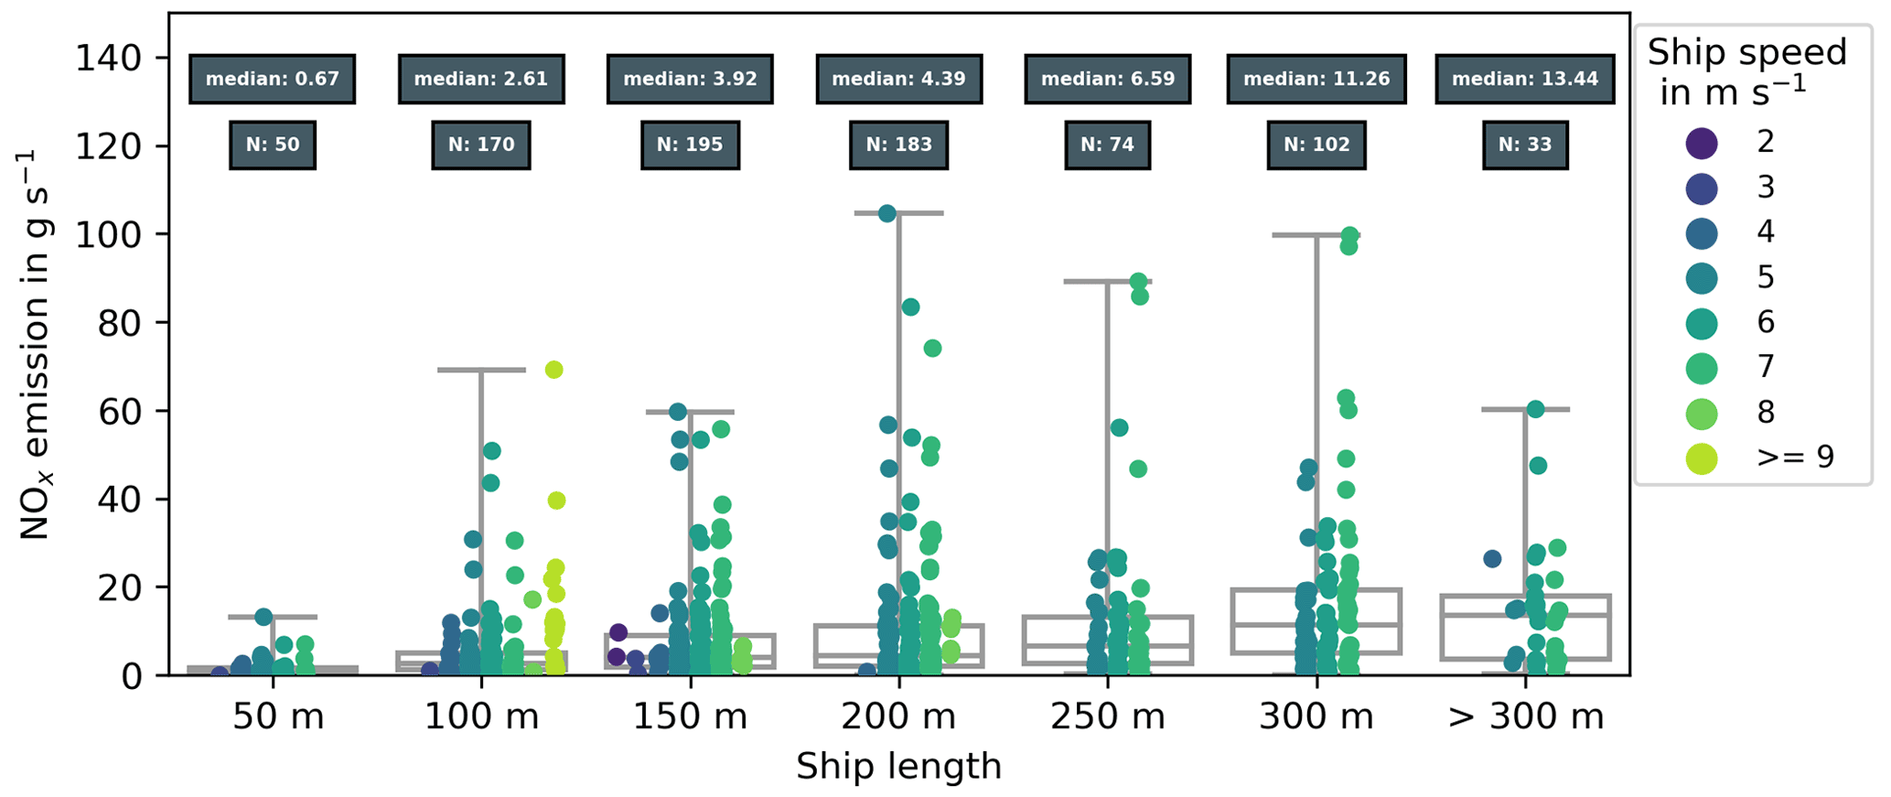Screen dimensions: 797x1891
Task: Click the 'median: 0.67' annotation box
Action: pyautogui.click(x=272, y=79)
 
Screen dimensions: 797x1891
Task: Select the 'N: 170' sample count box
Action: pyautogui.click(x=480, y=145)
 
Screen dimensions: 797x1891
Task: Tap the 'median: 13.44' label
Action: pyautogui.click(x=1524, y=79)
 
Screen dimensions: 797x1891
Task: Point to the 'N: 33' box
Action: pyautogui.click(x=1524, y=145)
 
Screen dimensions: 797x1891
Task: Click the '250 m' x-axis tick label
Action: pyautogui.click(x=1107, y=716)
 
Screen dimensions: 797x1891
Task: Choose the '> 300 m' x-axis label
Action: pyautogui.click(x=1525, y=716)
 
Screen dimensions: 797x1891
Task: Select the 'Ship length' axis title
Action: pyautogui.click(x=898, y=766)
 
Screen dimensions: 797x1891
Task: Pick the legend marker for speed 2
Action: pyautogui.click(x=1702, y=143)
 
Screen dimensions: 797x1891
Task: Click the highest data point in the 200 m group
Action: pyautogui.click(x=886, y=214)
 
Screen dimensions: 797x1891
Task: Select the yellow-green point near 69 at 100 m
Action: pyautogui.click(x=553, y=370)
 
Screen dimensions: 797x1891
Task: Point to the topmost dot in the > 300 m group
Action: pyautogui.click(x=1535, y=409)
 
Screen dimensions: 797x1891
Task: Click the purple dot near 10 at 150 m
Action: pyautogui.click(x=618, y=632)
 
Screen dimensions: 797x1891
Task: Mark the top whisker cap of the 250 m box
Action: pyautogui.click(x=1107, y=281)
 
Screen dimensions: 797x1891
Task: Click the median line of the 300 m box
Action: pyautogui.click(x=1316, y=625)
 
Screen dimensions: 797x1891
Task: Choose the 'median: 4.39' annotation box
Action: pyautogui.click(x=897, y=79)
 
